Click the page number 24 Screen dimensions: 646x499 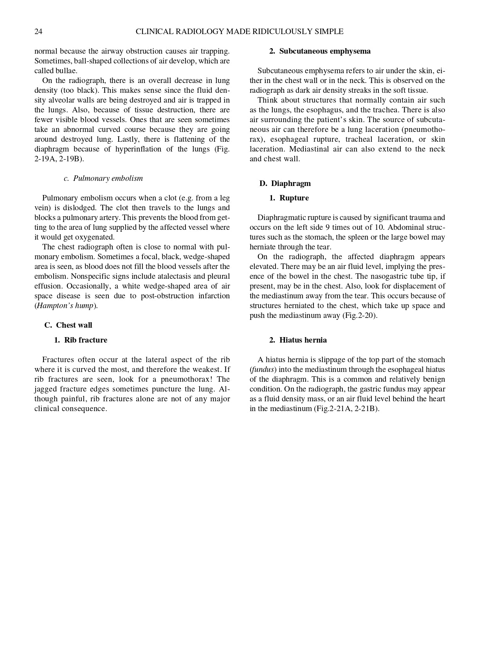38,32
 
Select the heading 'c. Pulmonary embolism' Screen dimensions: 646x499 103,179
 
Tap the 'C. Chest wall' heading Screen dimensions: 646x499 68,325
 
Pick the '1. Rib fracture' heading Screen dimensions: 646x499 81,340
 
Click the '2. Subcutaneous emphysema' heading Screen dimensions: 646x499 320,51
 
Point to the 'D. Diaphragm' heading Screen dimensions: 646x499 285,184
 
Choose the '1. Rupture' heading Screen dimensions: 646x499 289,198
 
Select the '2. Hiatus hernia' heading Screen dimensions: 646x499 298,340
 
